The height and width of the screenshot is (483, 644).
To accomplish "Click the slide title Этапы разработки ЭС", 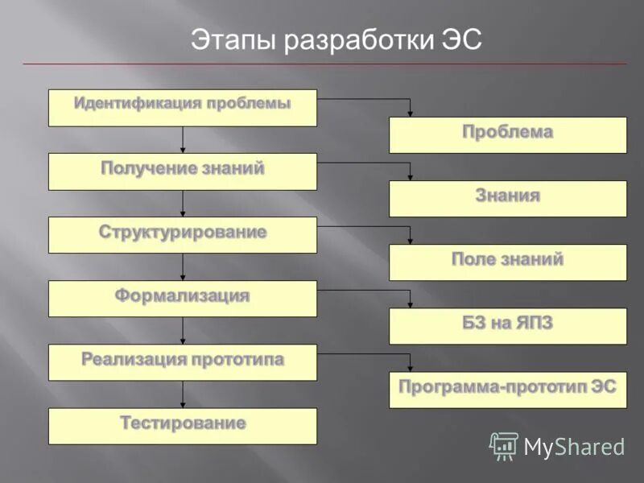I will (336, 40).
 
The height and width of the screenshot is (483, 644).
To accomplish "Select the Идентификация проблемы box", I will (183, 108).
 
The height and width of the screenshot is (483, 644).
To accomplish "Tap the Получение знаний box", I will (183, 171).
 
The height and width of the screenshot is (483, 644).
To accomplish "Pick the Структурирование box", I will (183, 235).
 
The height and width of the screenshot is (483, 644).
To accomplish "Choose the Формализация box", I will (183, 299).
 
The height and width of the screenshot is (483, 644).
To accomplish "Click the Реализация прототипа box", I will (183, 362).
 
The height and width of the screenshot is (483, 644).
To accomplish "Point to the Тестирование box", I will (183, 426).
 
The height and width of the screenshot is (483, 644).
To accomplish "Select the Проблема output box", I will (507, 135).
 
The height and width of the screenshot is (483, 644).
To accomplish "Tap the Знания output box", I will (507, 199).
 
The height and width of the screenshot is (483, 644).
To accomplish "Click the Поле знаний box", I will (507, 262).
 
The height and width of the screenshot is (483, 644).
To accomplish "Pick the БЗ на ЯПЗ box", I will (507, 326).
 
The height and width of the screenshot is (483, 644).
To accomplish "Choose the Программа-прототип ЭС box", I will (507, 390).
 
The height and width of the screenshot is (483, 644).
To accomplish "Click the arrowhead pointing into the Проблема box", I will (411, 113).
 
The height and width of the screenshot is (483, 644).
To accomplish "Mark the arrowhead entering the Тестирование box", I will (183, 404).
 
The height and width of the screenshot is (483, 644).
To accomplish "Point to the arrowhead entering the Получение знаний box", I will (183, 150).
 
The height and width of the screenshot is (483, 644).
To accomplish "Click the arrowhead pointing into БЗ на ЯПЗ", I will (411, 303).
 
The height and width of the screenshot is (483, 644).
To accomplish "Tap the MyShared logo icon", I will (504, 446).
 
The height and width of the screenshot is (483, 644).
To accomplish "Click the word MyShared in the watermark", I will (574, 448).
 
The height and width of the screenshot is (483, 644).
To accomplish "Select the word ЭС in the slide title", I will (461, 40).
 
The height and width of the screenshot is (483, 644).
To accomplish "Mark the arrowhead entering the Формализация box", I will (183, 277).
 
